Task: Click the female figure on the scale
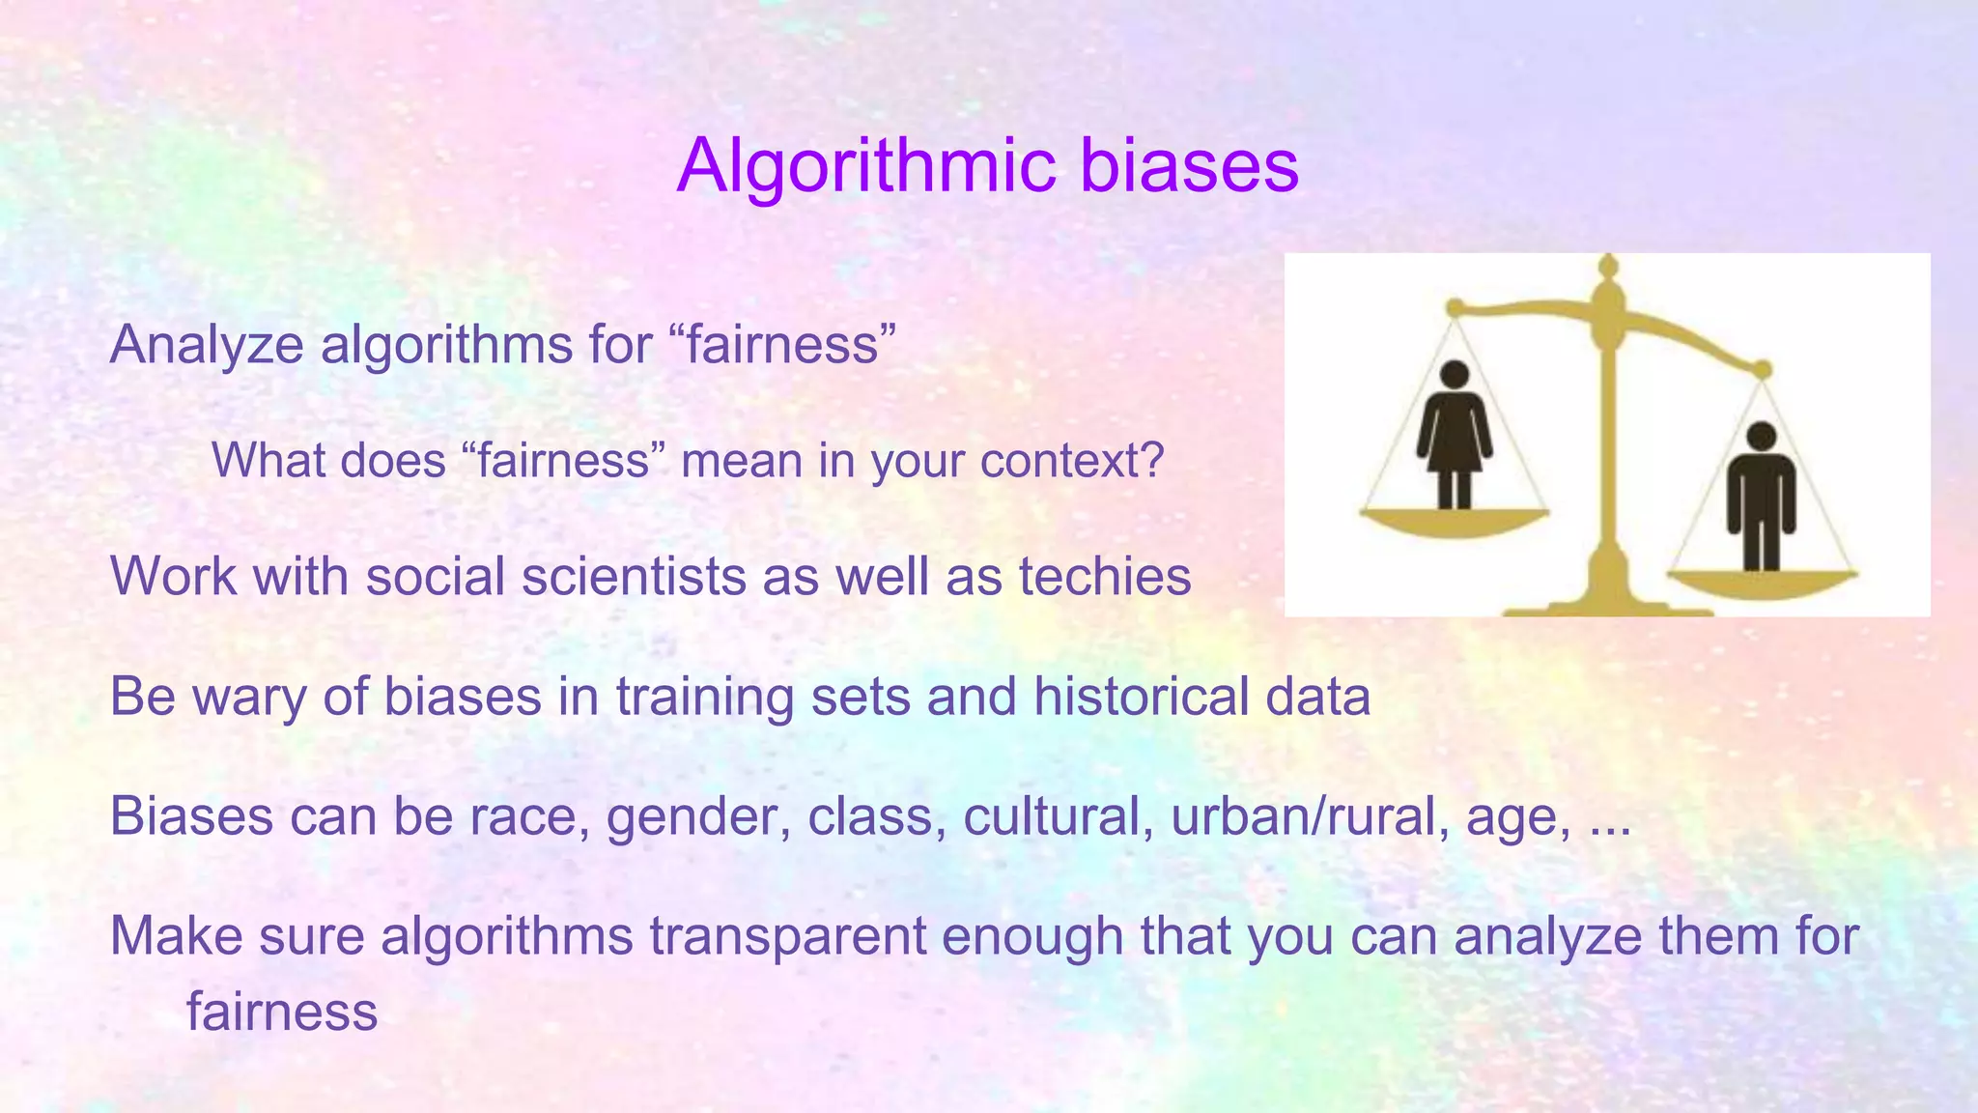pos(1454,435)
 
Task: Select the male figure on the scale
pos(1761,497)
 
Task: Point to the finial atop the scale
pos(1608,267)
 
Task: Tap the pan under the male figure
pos(1762,584)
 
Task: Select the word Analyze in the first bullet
pos(207,345)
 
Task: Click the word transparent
pos(787,936)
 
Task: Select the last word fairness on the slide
pos(281,1012)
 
